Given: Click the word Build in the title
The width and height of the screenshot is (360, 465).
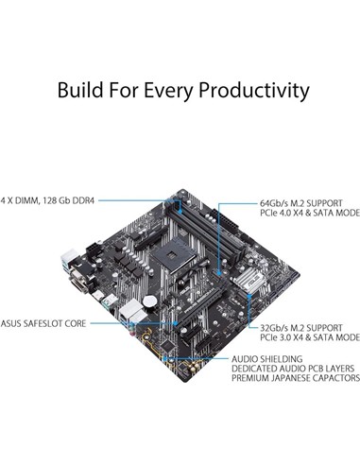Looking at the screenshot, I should coord(83,91).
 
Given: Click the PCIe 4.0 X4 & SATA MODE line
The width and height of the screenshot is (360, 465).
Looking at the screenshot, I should coord(309,214).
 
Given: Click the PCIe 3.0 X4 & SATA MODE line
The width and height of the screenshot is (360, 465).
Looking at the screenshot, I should coord(309,336).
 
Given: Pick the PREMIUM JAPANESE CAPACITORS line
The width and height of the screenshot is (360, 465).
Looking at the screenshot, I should coord(295,380).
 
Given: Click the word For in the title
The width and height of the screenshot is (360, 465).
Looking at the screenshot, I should coord(124,91).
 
